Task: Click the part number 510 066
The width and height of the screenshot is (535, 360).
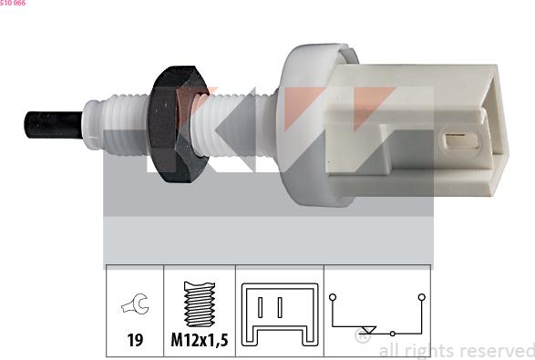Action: [13, 4]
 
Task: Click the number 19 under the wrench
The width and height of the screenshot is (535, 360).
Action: [135, 343]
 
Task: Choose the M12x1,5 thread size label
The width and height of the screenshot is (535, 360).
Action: [200, 343]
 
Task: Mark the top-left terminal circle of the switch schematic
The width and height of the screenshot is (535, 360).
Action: [334, 297]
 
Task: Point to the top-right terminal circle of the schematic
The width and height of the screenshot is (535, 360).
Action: [421, 297]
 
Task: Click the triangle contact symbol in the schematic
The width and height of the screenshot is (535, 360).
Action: [369, 330]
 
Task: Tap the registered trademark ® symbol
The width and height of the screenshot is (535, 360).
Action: [363, 337]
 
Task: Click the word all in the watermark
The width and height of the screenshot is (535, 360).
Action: [387, 351]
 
